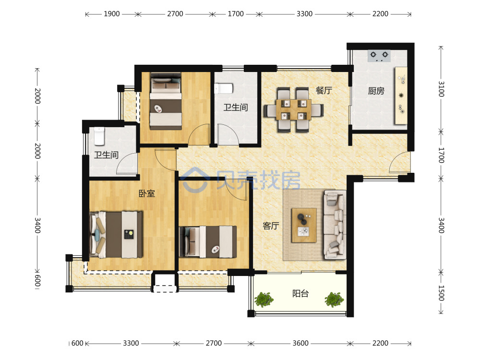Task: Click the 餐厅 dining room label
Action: (324, 90)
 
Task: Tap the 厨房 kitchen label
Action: (376, 91)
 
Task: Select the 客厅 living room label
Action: (271, 226)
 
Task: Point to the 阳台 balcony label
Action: (300, 294)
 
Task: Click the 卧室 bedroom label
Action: (147, 193)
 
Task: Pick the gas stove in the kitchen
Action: (379, 56)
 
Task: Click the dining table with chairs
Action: (294, 110)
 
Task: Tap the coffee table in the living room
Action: (304, 225)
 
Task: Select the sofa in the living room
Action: (335, 225)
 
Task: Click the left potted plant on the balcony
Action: (264, 300)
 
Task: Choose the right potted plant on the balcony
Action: (334, 300)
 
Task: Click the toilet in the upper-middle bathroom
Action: (224, 88)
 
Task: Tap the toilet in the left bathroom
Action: (99, 136)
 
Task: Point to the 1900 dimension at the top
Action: (112, 14)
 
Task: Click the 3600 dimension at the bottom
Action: (300, 343)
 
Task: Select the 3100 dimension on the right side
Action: (441, 89)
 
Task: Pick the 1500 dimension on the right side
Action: (441, 293)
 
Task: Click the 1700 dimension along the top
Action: (236, 14)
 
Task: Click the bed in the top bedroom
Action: (166, 101)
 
